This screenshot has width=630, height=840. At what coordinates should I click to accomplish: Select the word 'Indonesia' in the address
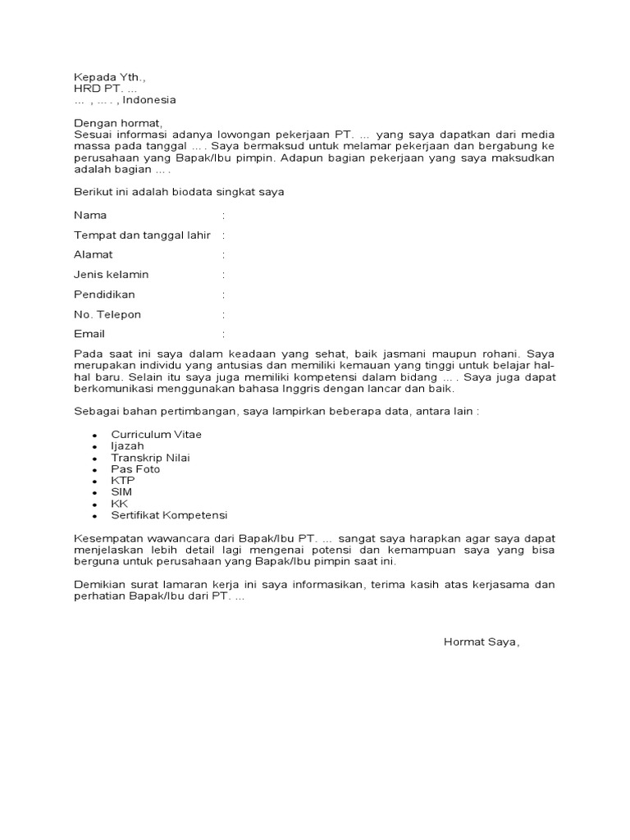149,100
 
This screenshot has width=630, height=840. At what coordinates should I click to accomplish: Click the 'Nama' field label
90,215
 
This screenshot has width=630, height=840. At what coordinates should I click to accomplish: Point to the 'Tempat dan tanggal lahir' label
142,235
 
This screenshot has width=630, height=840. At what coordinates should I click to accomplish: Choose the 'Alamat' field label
93,255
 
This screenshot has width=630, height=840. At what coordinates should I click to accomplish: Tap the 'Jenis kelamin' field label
111,275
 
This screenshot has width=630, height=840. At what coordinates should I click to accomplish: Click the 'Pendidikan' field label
104,294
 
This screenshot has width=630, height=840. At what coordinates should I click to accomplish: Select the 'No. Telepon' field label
107,314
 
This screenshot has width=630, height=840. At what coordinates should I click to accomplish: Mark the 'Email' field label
89,334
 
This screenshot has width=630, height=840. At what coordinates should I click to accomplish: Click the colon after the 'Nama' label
223,215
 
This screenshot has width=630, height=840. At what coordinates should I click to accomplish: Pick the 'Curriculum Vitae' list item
156,434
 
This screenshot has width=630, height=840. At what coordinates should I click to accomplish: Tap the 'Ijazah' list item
128,445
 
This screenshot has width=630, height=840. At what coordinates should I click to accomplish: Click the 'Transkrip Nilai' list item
151,457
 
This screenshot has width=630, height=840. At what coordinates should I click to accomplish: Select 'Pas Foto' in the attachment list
136,468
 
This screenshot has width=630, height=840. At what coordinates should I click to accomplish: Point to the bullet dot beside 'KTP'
95,482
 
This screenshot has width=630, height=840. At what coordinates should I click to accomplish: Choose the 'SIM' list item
121,491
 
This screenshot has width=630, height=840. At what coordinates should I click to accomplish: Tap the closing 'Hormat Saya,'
482,641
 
